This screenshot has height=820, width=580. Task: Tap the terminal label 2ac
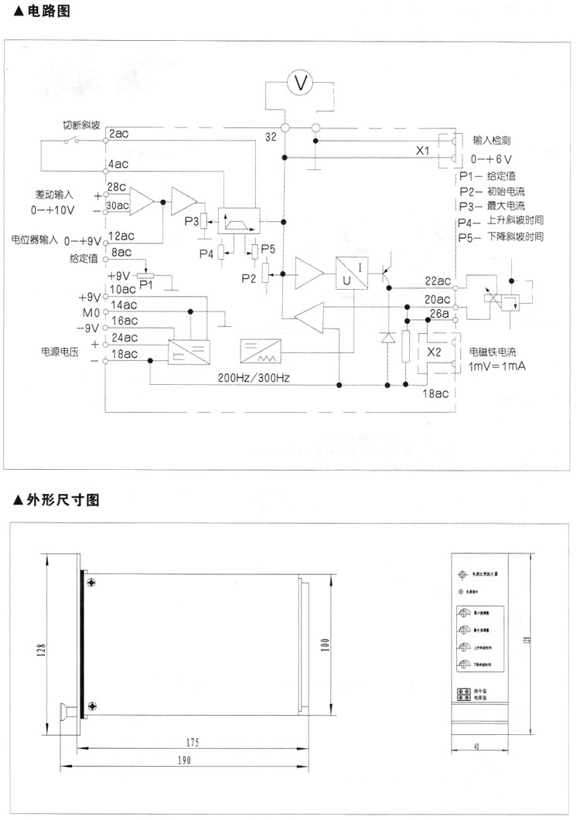click(120, 134)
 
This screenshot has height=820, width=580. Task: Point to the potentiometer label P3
click(193, 222)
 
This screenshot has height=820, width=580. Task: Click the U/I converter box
click(352, 272)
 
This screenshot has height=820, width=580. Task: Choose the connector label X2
click(435, 349)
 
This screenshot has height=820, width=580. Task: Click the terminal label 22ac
click(436, 281)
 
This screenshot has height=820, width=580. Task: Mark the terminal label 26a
click(439, 314)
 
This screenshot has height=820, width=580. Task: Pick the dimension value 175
click(193, 742)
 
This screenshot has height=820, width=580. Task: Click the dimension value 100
click(326, 643)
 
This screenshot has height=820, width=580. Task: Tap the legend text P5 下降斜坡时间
click(501, 236)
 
